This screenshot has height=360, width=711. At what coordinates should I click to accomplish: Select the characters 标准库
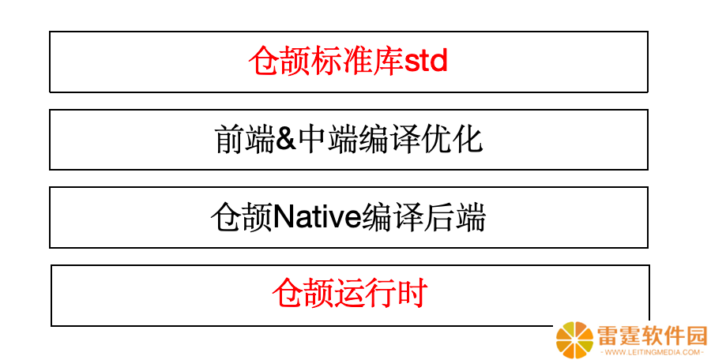click(x=357, y=61)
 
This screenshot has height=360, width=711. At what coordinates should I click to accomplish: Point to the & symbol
click(x=286, y=139)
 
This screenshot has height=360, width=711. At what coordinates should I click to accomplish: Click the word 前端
click(x=244, y=139)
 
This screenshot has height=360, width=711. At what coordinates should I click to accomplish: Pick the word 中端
click(x=327, y=139)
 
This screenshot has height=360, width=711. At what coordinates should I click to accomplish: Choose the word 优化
click(x=452, y=139)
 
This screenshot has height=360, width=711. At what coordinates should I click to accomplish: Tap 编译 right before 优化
click(x=389, y=139)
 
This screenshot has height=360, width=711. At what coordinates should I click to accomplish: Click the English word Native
click(x=317, y=218)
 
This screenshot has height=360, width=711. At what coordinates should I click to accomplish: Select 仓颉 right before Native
click(x=242, y=218)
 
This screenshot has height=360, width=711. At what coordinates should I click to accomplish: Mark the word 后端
click(x=455, y=218)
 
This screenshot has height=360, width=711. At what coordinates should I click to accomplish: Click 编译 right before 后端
click(x=393, y=218)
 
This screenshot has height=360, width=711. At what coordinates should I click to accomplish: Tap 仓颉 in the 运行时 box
click(x=303, y=294)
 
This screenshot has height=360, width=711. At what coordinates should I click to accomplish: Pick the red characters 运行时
click(x=381, y=294)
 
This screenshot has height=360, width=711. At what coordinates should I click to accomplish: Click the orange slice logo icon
click(x=574, y=340)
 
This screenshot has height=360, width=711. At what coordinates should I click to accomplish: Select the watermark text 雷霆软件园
click(x=652, y=336)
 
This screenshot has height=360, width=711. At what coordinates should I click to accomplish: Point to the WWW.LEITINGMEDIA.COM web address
click(x=651, y=352)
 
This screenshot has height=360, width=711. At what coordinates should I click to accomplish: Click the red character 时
click(x=412, y=294)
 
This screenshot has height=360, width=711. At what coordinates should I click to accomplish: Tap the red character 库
click(x=388, y=61)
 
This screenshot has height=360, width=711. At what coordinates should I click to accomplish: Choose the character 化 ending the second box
click(x=467, y=139)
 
